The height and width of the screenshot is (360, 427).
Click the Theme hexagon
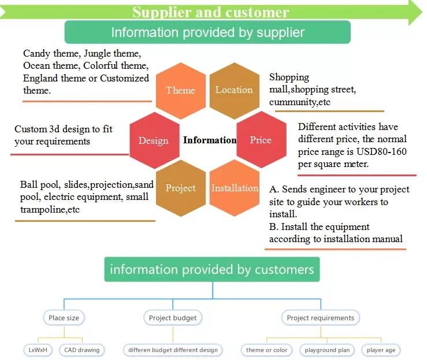(x=181, y=91)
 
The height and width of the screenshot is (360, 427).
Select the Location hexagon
(x=235, y=91)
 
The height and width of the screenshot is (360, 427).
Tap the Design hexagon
(x=154, y=140)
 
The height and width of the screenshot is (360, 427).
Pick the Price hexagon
(x=261, y=139)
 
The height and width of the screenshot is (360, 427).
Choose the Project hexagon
(x=181, y=188)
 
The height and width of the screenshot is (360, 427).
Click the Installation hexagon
(x=235, y=188)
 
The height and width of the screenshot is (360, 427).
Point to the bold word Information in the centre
(x=210, y=140)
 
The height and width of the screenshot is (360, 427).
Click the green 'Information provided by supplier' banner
(x=207, y=32)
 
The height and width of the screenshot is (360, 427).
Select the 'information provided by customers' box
(x=212, y=269)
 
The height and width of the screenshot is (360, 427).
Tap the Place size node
(x=64, y=318)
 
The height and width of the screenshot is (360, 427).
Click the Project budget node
(x=173, y=318)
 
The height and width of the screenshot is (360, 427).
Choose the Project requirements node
(x=321, y=318)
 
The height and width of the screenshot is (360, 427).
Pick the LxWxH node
(x=38, y=350)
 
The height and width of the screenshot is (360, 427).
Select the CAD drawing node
(x=82, y=350)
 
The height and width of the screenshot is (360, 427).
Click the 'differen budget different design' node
(x=173, y=350)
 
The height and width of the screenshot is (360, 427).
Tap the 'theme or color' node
(x=266, y=350)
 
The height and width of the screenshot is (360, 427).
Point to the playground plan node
(x=327, y=350)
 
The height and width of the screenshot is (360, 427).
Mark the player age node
(x=381, y=350)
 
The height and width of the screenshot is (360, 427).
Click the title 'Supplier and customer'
(x=210, y=12)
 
